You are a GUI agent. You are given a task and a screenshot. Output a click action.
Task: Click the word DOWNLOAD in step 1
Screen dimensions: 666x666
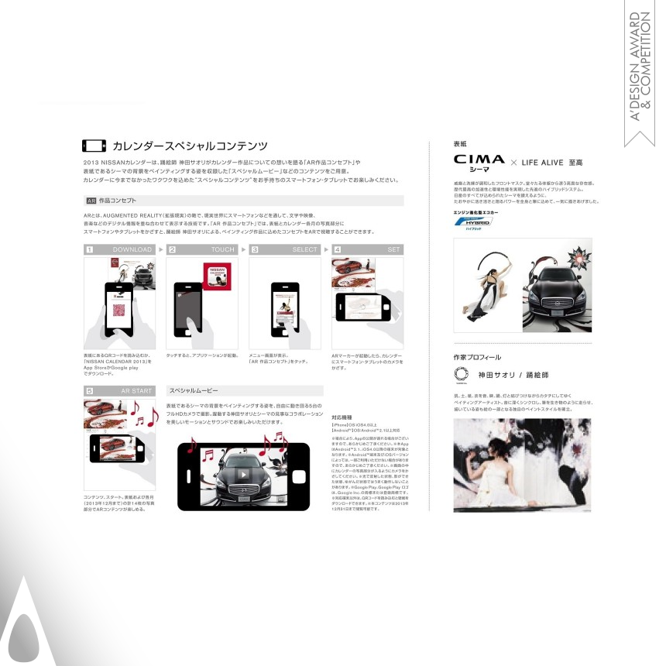132,250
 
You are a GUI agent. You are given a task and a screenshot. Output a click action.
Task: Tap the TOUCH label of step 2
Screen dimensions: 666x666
223,250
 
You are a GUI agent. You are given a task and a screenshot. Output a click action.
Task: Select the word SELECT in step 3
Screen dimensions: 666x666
305,250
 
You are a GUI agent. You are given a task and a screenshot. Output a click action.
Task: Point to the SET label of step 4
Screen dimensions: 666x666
394,250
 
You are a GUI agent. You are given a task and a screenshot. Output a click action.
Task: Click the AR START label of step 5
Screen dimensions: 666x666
137,391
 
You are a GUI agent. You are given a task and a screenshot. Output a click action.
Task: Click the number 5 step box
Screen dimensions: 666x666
89,391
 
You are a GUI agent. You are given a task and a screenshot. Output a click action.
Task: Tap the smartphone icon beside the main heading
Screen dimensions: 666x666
94,146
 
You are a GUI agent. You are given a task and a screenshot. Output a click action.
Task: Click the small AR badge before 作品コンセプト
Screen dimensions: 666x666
91,201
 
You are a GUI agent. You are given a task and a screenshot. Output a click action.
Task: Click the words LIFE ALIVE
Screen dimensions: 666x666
541,163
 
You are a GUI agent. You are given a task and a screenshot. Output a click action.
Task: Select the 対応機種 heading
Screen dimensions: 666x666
342,417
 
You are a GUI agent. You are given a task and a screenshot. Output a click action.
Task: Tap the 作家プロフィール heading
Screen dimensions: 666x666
477,358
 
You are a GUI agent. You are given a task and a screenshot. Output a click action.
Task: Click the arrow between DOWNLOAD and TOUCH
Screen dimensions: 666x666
160,250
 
